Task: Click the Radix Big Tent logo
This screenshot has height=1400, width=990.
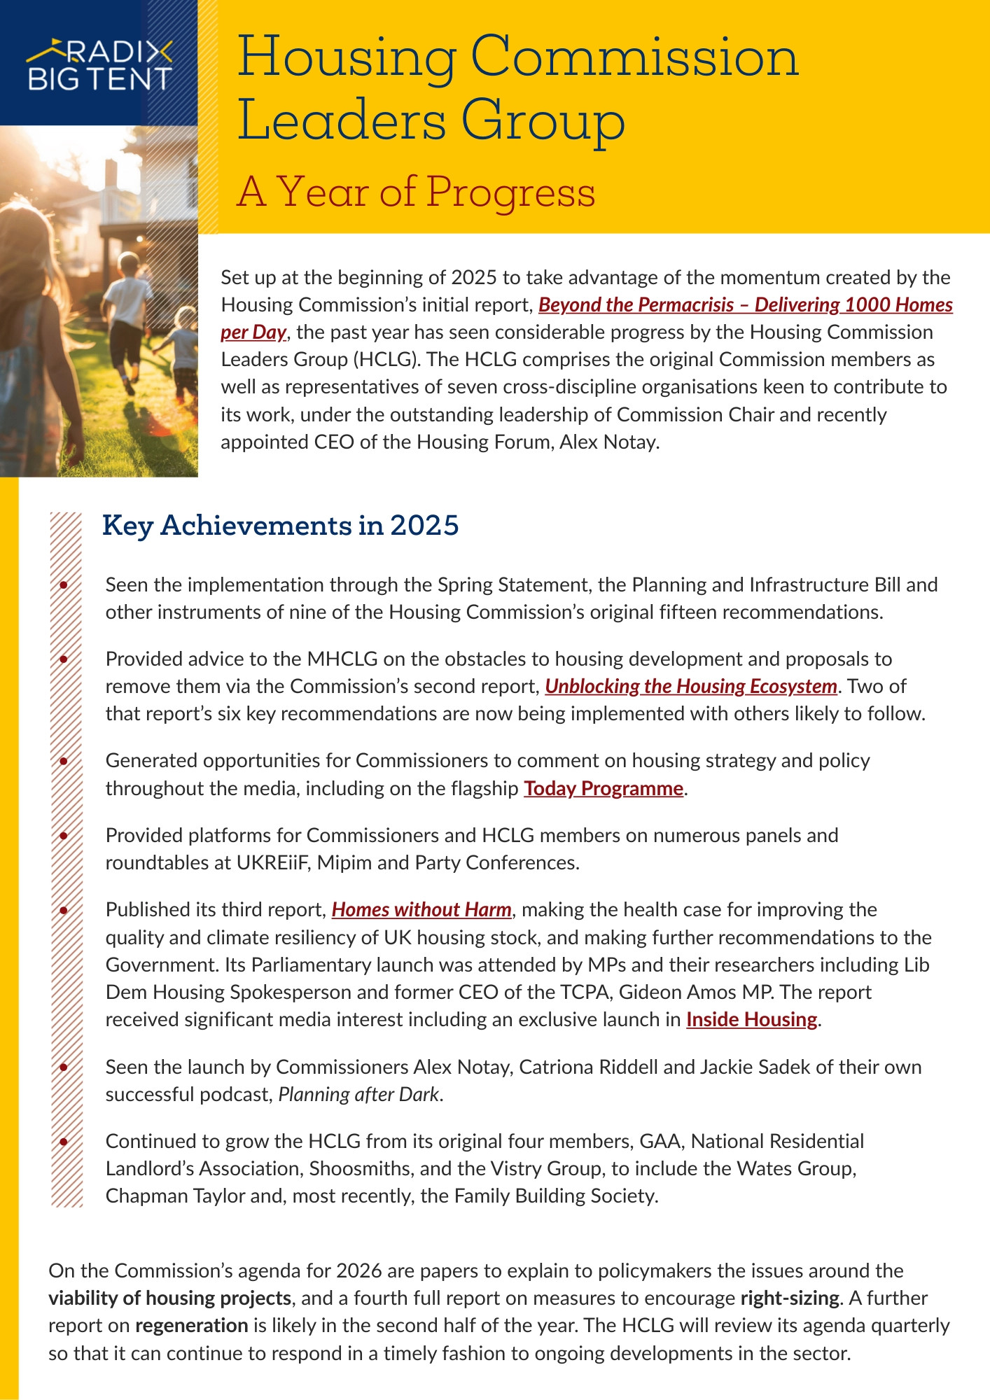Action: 99,65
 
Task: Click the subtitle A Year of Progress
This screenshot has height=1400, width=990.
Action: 416,192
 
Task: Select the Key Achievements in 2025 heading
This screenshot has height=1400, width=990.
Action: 280,525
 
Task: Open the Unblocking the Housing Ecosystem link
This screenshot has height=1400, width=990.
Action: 691,686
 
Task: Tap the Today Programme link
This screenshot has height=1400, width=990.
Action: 604,788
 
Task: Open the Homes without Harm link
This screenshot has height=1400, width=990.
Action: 421,909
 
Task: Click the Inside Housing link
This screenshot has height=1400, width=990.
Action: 751,1019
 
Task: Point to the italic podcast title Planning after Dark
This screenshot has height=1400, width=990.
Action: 359,1094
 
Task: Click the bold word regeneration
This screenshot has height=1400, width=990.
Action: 192,1325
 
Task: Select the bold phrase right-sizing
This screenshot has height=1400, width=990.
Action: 790,1298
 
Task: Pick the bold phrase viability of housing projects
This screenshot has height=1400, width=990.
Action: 170,1298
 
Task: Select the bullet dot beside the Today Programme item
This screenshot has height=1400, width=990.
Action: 64,761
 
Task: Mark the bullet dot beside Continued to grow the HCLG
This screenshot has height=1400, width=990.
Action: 64,1142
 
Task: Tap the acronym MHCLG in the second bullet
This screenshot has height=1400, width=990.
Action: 342,659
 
